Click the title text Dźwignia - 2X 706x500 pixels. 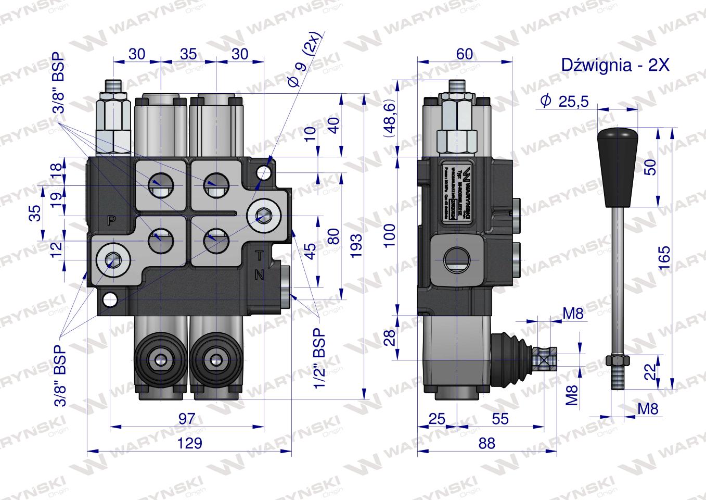(614, 65)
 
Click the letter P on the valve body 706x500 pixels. (111, 220)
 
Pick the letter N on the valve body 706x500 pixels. (260, 276)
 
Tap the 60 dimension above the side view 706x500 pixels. (465, 54)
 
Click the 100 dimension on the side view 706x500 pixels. (391, 235)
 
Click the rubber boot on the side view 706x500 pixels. (511, 352)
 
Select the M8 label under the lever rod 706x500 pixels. (648, 409)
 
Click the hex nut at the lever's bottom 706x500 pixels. (618, 359)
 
